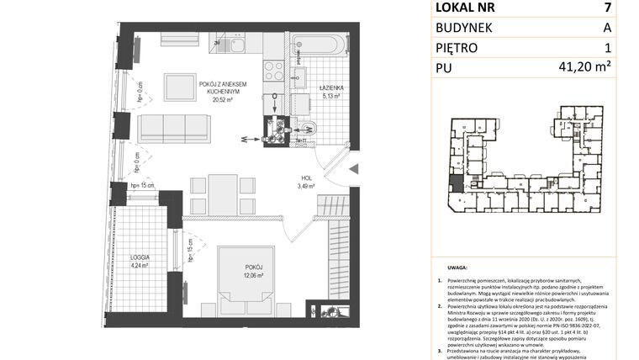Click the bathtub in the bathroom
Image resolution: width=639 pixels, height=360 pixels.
tap(318, 44)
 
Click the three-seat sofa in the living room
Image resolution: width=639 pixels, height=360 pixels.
tap(174, 128)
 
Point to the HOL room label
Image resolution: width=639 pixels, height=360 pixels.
tap(309, 178)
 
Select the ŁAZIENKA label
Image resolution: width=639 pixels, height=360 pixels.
tap(329, 87)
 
